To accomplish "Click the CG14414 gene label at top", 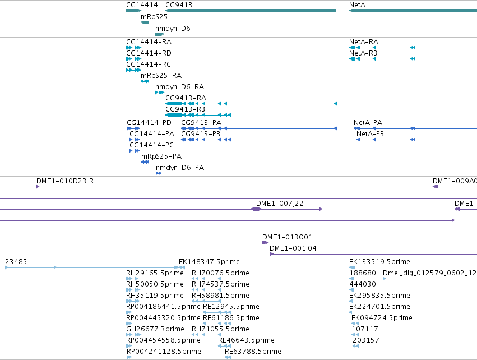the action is (142, 5).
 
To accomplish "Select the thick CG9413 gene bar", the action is (251, 11).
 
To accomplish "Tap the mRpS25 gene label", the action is (154, 17).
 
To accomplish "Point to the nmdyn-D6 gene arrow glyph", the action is (160, 34).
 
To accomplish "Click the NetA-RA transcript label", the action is (364, 42).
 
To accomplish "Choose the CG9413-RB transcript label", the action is (186, 109).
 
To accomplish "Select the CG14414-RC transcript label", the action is (149, 64).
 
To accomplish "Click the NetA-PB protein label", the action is (370, 134).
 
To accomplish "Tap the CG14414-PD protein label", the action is (149, 123).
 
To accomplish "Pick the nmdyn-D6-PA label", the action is (180, 168).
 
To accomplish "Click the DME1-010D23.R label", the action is (65, 181).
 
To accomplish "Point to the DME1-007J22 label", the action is (280, 204).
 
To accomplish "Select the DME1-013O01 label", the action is (288, 237).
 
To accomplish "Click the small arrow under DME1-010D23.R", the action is (38, 187).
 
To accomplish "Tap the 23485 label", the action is (16, 262).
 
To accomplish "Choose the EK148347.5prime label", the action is (209, 262).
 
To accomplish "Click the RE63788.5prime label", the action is (253, 352).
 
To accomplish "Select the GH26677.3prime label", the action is (155, 329).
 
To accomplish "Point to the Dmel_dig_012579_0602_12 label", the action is (429, 273).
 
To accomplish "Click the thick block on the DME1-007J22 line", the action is (256, 209).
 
